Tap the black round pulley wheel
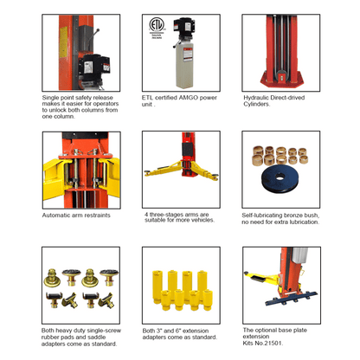pyautogui.click(x=280, y=177)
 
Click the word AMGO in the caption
pyautogui.click(x=188, y=98)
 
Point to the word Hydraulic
pyautogui.click(x=255, y=98)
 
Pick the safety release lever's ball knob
pyautogui.click(x=98, y=30)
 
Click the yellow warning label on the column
pyautogui.click(x=63, y=43)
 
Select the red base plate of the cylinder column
pyautogui.click(x=282, y=79)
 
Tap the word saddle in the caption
pyautogui.click(x=97, y=337)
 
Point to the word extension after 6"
pyautogui.click(x=196, y=331)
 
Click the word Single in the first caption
pyautogui.click(x=50, y=98)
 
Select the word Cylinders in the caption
pyautogui.click(x=257, y=104)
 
